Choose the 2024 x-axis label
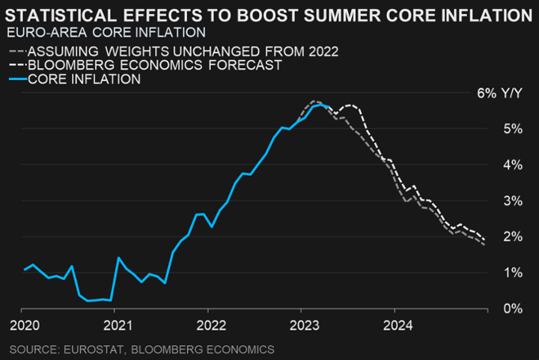click(395, 326)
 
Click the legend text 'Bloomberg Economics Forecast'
click(154, 66)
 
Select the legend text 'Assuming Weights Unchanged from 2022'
click(183, 52)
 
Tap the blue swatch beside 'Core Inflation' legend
click(16, 79)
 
